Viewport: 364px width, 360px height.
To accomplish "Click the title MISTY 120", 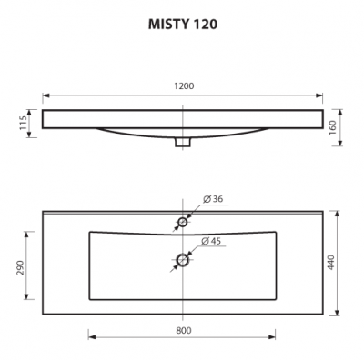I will [x=182, y=25].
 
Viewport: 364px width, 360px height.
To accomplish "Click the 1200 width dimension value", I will [x=184, y=85].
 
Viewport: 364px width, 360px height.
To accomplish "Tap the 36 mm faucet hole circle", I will [x=183, y=222].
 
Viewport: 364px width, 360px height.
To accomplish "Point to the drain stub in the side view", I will [x=183, y=142].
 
